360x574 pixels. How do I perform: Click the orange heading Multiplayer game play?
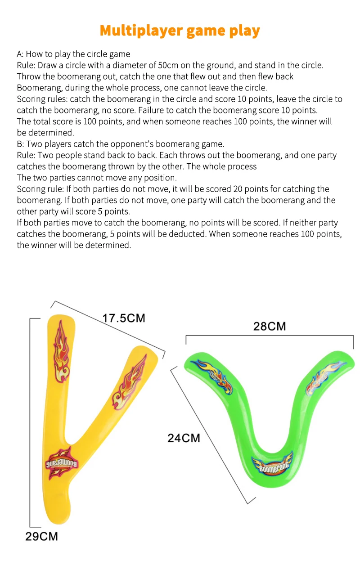[x=180, y=31]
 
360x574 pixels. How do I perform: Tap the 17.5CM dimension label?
[x=124, y=318]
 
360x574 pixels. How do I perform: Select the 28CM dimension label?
[x=270, y=326]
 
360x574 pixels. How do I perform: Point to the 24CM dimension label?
[x=184, y=438]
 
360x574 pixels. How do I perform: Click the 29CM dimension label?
[x=41, y=536]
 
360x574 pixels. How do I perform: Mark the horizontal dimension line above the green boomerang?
[x=270, y=336]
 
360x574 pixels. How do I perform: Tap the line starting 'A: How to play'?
[x=73, y=54]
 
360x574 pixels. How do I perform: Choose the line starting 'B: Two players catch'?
[x=121, y=144]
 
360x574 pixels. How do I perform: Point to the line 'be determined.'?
[x=45, y=133]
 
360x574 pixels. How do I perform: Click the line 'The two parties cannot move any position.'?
[x=97, y=178]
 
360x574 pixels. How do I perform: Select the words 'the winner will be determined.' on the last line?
[x=74, y=245]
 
